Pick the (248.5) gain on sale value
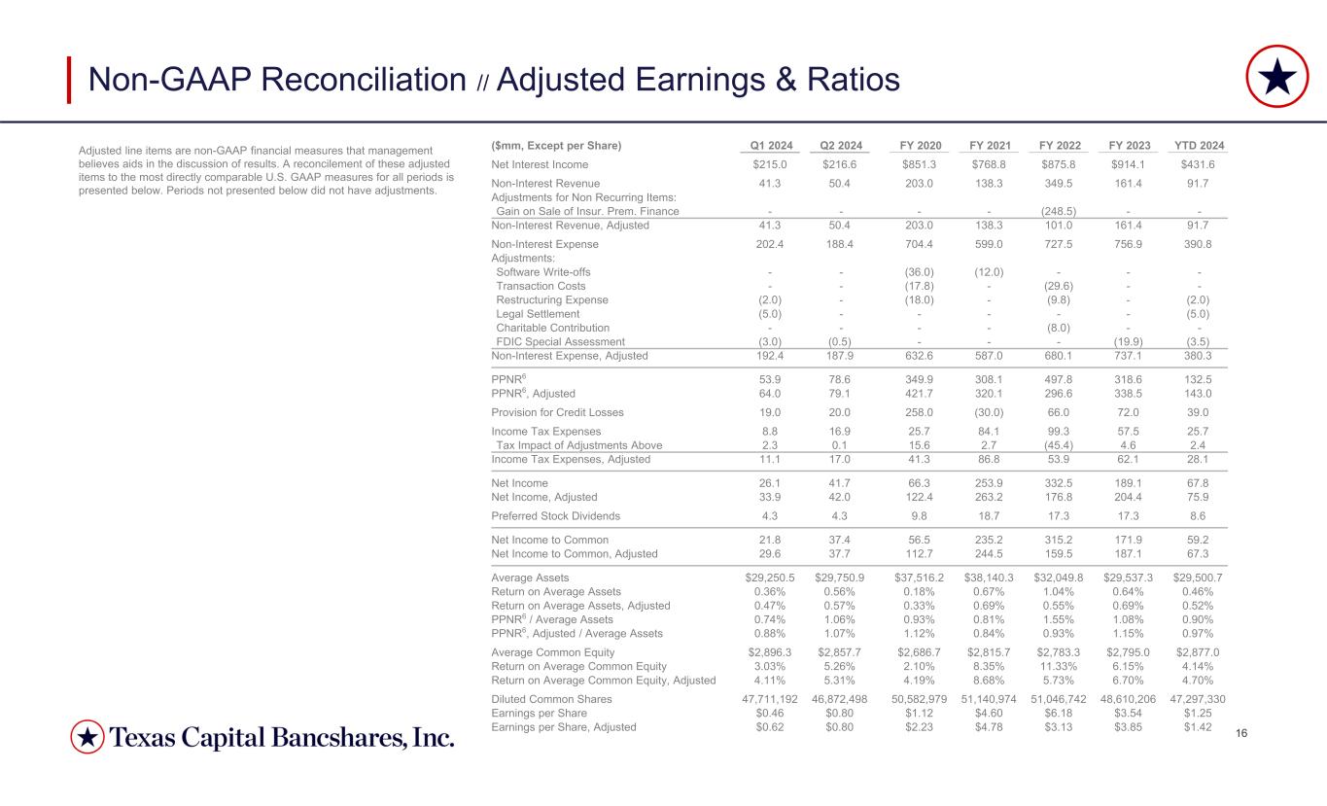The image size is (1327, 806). click(1058, 211)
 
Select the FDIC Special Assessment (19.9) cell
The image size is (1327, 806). click(1130, 342)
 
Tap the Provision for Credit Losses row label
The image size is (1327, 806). click(556, 412)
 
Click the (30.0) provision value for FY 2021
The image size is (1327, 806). click(986, 412)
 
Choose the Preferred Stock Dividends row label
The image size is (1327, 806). click(555, 516)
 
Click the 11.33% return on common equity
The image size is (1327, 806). click(1058, 666)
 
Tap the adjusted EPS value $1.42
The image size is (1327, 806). click(1203, 726)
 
